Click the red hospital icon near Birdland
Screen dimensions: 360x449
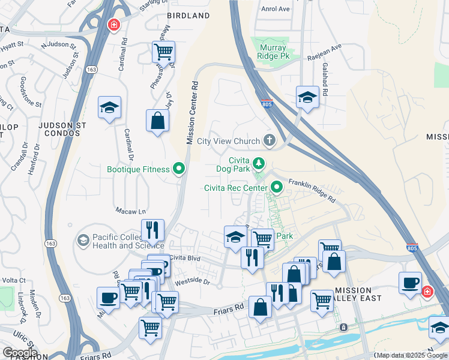click(x=112, y=25)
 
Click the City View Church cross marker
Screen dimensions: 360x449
click(x=270, y=141)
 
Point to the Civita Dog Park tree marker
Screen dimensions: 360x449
click(x=259, y=163)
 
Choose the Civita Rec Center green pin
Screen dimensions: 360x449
click(x=277, y=188)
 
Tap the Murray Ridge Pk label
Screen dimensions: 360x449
click(x=277, y=52)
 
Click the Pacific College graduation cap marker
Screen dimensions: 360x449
click(x=83, y=241)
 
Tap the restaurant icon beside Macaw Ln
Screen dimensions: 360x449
click(x=152, y=230)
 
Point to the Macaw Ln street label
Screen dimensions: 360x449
click(x=130, y=211)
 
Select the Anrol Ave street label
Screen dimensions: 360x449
click(x=276, y=9)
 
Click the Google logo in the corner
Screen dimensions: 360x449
click(x=20, y=352)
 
